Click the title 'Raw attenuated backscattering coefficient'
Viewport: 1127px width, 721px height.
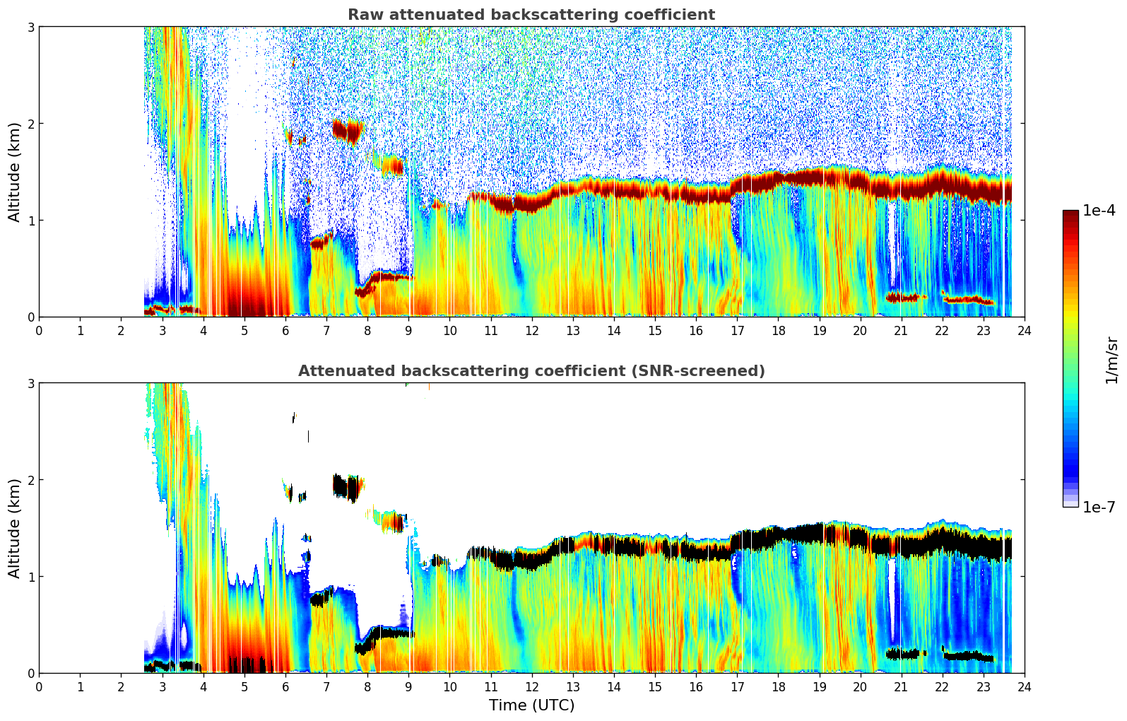pos(531,15)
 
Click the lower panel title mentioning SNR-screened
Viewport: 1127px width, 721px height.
pos(531,371)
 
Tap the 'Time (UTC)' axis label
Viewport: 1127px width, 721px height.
pos(531,705)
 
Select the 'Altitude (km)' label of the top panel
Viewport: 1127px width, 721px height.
pos(14,172)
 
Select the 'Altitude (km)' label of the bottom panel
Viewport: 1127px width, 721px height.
pos(14,528)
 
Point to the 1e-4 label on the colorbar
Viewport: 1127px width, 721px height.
pos(1099,211)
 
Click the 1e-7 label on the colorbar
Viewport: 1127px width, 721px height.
pos(1099,507)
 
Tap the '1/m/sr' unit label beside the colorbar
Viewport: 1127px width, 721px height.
pos(1111,360)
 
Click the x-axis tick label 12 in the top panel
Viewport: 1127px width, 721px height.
pos(531,331)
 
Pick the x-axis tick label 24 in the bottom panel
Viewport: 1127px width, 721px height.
pos(1024,687)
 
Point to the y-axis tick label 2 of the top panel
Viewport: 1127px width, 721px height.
pos(30,124)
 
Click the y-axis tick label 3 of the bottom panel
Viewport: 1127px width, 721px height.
pos(30,383)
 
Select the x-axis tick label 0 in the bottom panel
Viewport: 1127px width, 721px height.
pos(39,687)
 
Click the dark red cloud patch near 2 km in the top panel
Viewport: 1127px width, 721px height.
pos(347,130)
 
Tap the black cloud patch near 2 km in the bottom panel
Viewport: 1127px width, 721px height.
pos(346,486)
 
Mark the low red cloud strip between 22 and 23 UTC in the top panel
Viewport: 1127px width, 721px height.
pos(968,300)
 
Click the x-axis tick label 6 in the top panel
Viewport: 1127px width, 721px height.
pos(285,331)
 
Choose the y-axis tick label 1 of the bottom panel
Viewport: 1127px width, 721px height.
pos(30,577)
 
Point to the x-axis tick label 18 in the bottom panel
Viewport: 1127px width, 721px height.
pos(778,687)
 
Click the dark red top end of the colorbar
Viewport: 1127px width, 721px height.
pos(1070,214)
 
